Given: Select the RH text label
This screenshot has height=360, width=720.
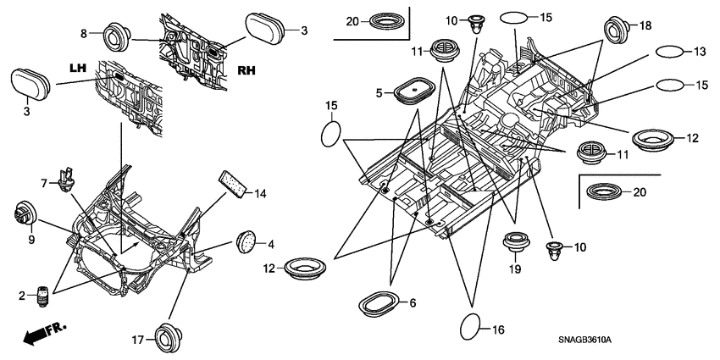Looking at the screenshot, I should click(x=248, y=72).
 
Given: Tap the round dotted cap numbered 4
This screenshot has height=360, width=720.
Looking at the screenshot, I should click(x=246, y=240).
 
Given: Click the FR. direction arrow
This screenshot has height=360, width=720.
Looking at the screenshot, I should click(x=44, y=333).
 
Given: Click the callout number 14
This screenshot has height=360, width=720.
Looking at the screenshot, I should click(x=260, y=194).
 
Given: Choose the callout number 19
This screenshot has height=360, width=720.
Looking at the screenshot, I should click(x=514, y=269).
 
